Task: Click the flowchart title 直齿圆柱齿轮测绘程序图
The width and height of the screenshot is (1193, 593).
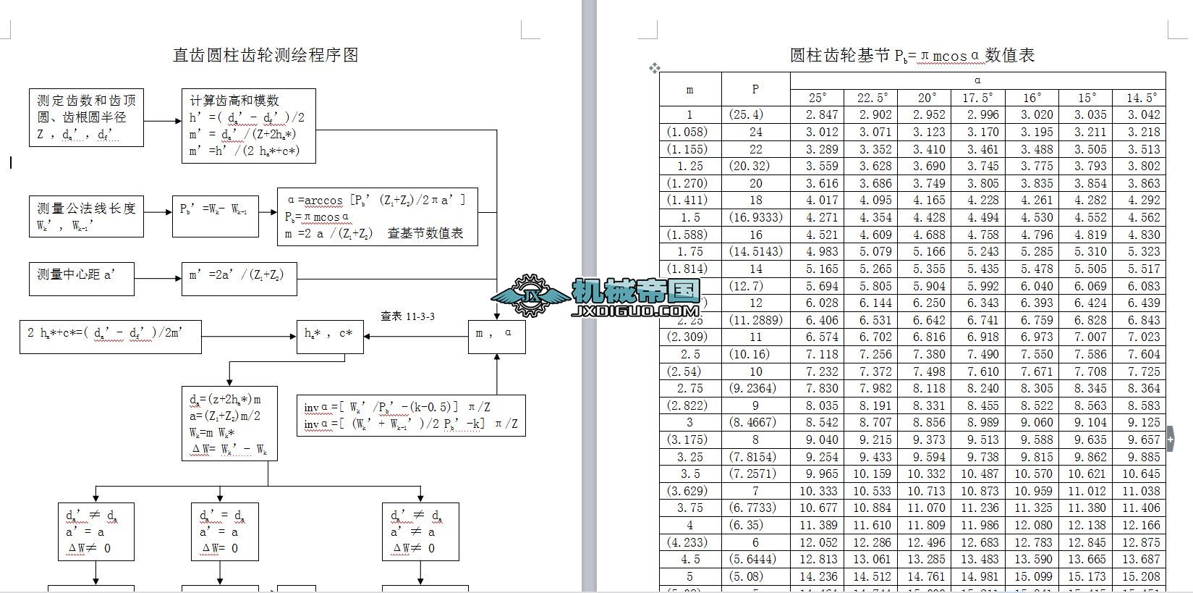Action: (x=266, y=55)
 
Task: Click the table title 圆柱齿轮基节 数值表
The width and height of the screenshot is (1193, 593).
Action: (x=912, y=55)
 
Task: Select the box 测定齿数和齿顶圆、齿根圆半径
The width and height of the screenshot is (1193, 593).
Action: (x=86, y=117)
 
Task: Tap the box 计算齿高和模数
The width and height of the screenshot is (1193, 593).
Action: (x=248, y=126)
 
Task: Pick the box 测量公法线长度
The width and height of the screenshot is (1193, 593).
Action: (x=86, y=216)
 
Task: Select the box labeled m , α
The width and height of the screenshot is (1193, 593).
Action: (x=496, y=336)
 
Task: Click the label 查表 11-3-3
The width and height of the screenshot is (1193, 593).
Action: (x=407, y=316)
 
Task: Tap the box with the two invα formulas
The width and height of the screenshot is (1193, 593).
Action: (x=411, y=416)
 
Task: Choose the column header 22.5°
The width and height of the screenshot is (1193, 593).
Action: (x=872, y=98)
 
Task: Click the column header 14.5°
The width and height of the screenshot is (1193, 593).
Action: (x=1139, y=98)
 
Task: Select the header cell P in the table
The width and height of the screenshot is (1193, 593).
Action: (x=755, y=89)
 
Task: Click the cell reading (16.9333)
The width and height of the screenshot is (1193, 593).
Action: (x=755, y=217)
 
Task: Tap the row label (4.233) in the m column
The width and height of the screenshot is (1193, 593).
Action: (x=689, y=542)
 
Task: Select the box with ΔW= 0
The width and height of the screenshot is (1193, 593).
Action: (x=224, y=532)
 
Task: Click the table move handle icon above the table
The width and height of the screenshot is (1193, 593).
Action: (x=655, y=68)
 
